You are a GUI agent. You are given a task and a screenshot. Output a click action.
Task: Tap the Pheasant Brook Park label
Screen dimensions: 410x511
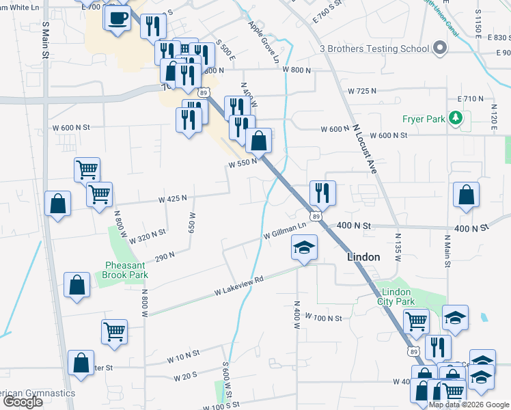click(126, 270)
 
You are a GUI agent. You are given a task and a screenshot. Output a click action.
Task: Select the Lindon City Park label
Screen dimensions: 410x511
click(396, 297)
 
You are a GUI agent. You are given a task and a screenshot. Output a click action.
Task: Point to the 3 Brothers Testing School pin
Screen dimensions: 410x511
click(440, 49)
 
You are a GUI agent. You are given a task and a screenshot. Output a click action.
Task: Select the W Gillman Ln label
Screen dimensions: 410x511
click(285, 231)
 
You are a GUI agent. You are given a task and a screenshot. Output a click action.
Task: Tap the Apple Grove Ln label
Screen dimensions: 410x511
click(264, 42)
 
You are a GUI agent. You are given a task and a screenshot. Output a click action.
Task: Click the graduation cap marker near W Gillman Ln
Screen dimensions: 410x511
click(304, 249)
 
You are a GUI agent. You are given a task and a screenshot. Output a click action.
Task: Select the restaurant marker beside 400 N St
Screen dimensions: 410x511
click(322, 193)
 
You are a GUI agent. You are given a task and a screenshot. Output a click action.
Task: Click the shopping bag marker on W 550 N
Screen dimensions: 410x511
click(258, 141)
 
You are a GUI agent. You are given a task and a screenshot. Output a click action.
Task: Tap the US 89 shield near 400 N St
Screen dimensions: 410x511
click(314, 217)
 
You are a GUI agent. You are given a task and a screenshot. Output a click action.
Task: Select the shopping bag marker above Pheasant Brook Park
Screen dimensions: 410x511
click(57, 204)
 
